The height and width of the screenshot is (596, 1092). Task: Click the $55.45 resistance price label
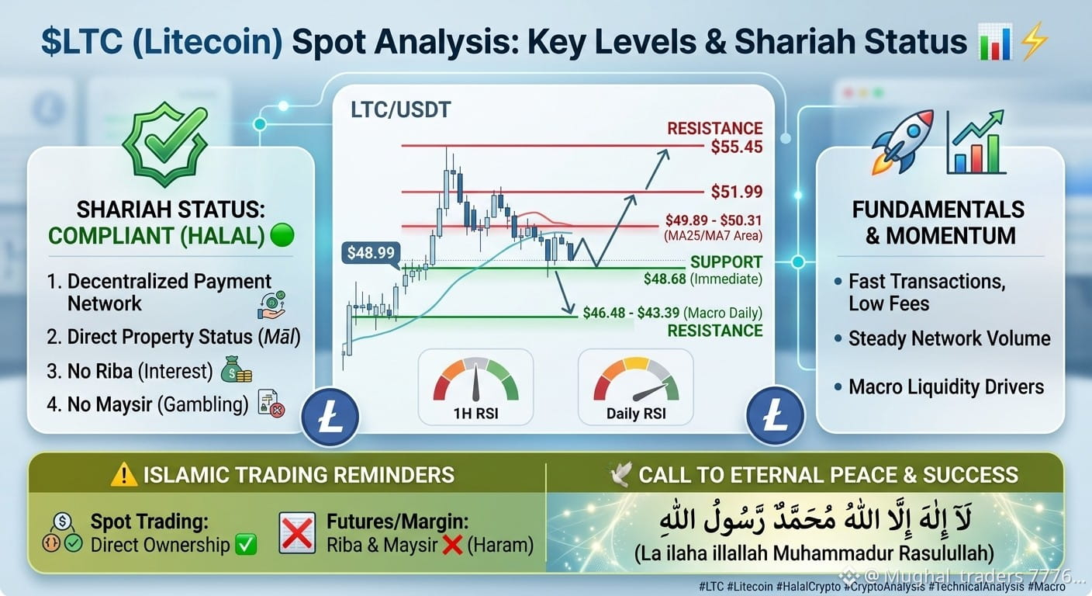pyautogui.click(x=736, y=147)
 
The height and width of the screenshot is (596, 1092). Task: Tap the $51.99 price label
pyautogui.click(x=736, y=192)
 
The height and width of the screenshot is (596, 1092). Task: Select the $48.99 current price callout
pyautogui.click(x=371, y=253)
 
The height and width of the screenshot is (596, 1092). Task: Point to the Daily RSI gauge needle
pyautogui.click(x=651, y=392)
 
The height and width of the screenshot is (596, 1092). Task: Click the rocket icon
pyautogui.click(x=902, y=141)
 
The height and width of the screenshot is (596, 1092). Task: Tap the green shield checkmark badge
pyautogui.click(x=165, y=144)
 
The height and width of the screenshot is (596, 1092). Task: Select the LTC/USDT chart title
pyautogui.click(x=400, y=109)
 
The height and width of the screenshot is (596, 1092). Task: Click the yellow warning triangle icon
pyautogui.click(x=124, y=475)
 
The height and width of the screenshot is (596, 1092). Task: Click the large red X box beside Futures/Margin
pyautogui.click(x=297, y=532)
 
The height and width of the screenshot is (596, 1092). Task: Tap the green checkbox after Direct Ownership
pyautogui.click(x=246, y=545)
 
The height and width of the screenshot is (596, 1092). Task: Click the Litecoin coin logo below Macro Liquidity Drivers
pyautogui.click(x=775, y=415)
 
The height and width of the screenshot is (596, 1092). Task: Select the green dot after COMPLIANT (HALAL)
pyautogui.click(x=282, y=235)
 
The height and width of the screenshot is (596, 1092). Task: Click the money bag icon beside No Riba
pyautogui.click(x=236, y=369)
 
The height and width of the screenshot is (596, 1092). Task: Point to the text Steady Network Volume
pyautogui.click(x=949, y=338)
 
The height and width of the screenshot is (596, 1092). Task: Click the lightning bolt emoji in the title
pyautogui.click(x=1035, y=41)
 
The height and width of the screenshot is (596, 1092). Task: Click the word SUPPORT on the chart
pyautogui.click(x=726, y=262)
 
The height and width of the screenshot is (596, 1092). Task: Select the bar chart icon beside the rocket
pyautogui.click(x=976, y=143)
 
